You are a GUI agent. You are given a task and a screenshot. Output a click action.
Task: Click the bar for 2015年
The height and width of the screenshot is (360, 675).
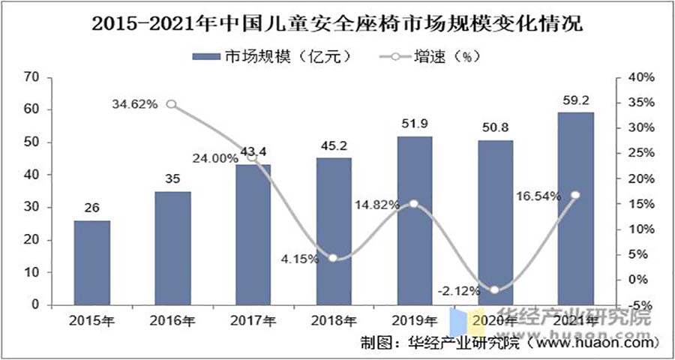(91, 263)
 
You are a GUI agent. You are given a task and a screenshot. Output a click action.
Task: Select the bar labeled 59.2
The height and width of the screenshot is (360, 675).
(575, 209)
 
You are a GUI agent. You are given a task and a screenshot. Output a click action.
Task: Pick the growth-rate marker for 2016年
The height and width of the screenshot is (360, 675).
(172, 104)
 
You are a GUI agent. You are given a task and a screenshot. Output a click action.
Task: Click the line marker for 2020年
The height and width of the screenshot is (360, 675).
(494, 290)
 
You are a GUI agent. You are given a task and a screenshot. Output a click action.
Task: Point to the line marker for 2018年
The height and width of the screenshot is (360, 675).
(333, 258)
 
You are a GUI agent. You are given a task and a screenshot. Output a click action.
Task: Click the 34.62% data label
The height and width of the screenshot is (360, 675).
(135, 104)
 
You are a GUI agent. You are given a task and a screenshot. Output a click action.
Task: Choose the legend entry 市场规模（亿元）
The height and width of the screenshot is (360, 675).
(270, 56)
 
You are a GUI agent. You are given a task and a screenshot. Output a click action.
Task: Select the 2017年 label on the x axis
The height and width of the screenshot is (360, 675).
(253, 321)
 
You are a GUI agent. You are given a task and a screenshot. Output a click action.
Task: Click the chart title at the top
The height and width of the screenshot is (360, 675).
(337, 24)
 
